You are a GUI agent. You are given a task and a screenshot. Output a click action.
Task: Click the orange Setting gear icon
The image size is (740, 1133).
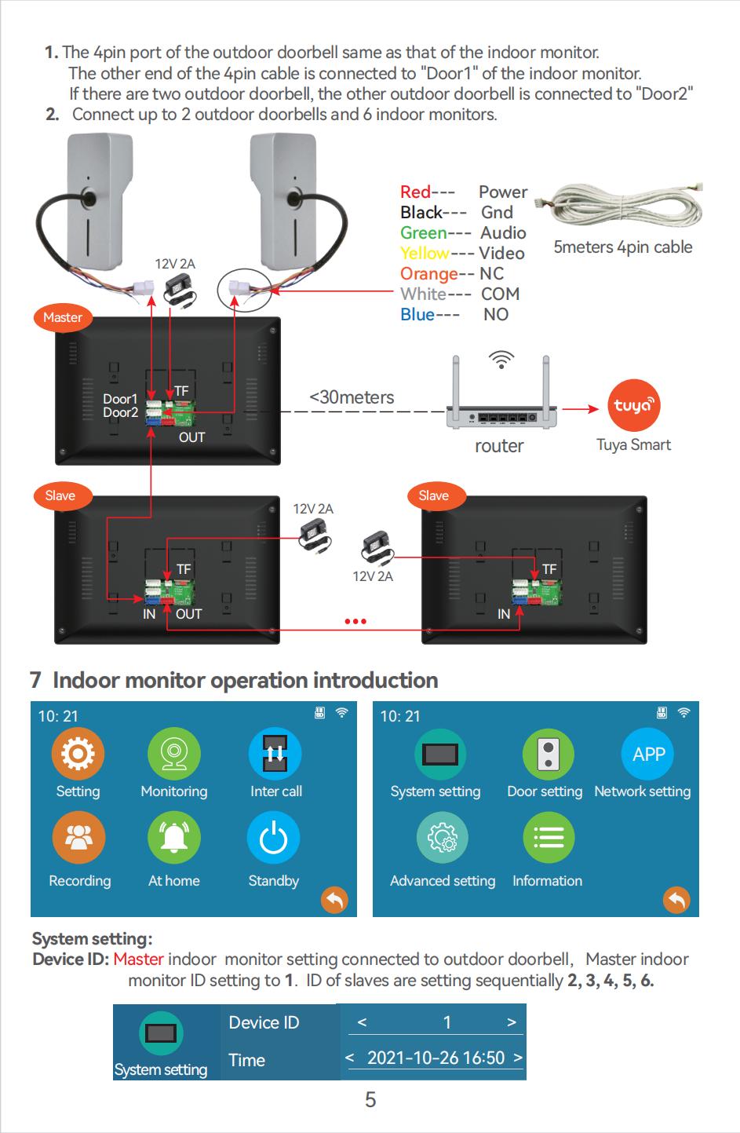pyautogui.click(x=78, y=754)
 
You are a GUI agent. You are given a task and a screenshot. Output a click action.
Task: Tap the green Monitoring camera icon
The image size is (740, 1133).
pyautogui.click(x=173, y=754)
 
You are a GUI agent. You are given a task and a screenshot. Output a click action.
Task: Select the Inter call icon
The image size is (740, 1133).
pyautogui.click(x=275, y=754)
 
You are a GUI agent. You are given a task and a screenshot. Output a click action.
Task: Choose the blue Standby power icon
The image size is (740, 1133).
pyautogui.click(x=273, y=838)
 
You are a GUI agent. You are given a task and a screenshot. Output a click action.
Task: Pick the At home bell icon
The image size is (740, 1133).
pyautogui.click(x=173, y=838)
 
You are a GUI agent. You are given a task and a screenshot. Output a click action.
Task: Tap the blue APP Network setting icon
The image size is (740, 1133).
pyautogui.click(x=648, y=754)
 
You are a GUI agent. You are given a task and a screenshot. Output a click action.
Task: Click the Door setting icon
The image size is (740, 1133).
pyautogui.click(x=548, y=754)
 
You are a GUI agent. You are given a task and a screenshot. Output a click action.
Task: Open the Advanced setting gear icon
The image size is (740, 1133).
pyautogui.click(x=442, y=838)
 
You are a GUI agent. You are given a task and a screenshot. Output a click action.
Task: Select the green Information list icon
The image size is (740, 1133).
pyautogui.click(x=548, y=838)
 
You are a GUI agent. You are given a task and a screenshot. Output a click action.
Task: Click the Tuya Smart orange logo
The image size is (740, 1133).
pyautogui.click(x=634, y=406)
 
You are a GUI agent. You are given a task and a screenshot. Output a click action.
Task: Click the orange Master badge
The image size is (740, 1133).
pyautogui.click(x=63, y=317)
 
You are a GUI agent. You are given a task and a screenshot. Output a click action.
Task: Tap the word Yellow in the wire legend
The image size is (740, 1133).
pyautogui.click(x=424, y=253)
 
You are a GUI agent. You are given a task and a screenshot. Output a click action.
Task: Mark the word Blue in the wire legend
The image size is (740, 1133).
pyautogui.click(x=417, y=314)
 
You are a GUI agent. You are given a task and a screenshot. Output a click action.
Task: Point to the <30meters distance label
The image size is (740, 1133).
pyautogui.click(x=352, y=397)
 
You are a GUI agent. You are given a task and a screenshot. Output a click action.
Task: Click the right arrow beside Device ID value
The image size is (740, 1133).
pyautogui.click(x=512, y=1022)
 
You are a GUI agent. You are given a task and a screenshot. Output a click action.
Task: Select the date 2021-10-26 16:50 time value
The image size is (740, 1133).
pyautogui.click(x=436, y=1058)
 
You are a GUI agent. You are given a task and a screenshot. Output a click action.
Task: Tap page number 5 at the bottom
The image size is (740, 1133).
pyautogui.click(x=370, y=1099)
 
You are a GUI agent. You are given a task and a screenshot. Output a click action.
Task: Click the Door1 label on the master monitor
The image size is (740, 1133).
pyautogui.click(x=120, y=399)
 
